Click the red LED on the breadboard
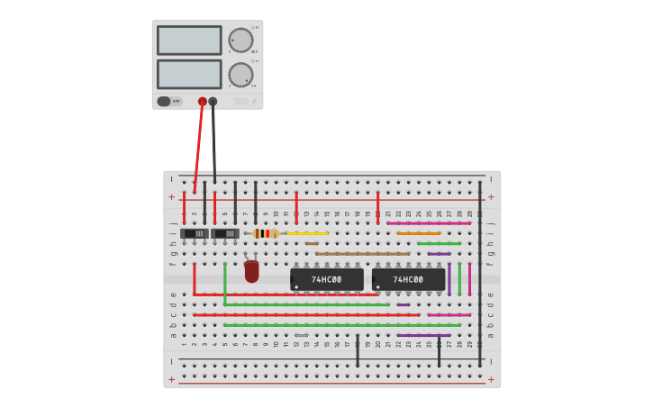tap(251, 270)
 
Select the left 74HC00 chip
tap(327, 279)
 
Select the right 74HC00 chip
tap(409, 279)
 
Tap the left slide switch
tap(195, 233)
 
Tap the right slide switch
tap(225, 233)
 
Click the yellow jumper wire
tap(306, 233)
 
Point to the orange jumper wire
tap(419, 233)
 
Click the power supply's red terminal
tap(203, 102)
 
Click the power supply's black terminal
tap(213, 102)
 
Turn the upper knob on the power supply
tap(240, 40)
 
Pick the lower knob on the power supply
tap(240, 74)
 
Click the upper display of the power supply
tap(189, 40)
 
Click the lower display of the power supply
tap(189, 74)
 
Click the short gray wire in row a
tap(301, 335)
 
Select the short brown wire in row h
tap(312, 243)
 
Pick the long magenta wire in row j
tap(429, 222)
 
